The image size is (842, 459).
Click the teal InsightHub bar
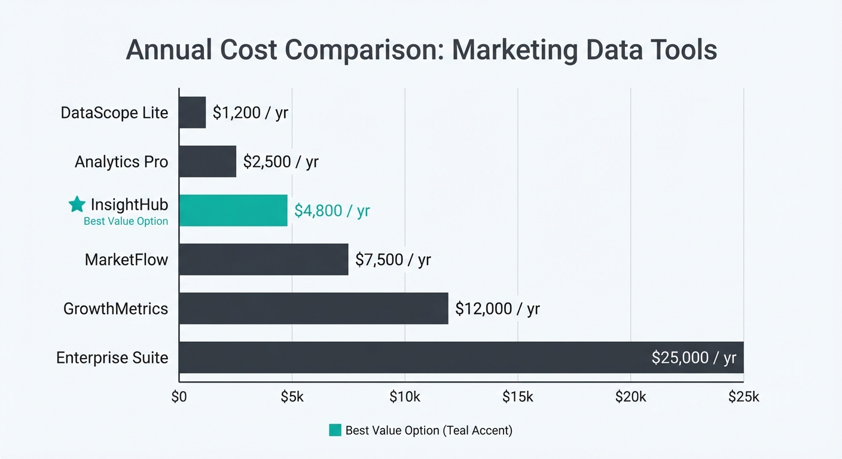[233, 210]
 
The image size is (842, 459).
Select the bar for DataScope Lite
[193, 112]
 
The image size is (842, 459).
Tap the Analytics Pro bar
[208, 161]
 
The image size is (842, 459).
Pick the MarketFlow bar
[264, 259]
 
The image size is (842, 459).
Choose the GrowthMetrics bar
[313, 308]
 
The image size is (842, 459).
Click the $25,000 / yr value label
[694, 357]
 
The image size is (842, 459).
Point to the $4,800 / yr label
[332, 210]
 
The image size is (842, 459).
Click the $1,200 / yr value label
[250, 112]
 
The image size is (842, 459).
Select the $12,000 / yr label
[497, 308]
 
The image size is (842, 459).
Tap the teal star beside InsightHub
[77, 204]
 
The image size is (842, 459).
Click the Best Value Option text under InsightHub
[126, 222]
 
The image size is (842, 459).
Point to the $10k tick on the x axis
[405, 397]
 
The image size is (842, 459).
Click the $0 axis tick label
[179, 397]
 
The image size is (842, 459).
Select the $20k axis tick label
[631, 397]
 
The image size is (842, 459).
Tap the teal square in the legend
[335, 430]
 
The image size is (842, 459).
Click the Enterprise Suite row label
[112, 357]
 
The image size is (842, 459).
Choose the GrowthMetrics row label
[116, 308]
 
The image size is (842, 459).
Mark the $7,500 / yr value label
[393, 259]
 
